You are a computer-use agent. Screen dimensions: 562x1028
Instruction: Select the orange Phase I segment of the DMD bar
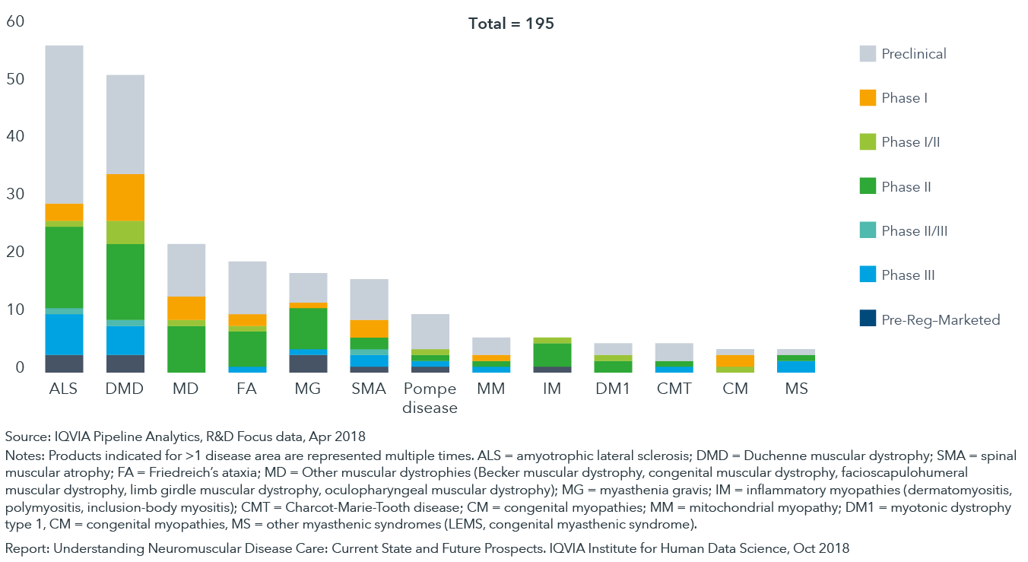(125, 197)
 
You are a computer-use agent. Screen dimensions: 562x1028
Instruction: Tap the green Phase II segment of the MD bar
(186, 348)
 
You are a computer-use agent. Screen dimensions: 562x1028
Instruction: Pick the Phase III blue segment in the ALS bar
(64, 334)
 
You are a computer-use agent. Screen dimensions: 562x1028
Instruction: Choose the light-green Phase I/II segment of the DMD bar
(125, 232)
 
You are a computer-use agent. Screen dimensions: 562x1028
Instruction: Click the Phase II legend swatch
(868, 186)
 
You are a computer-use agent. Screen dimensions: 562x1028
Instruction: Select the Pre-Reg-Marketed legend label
(941, 320)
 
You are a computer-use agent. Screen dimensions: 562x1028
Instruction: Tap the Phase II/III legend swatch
(868, 231)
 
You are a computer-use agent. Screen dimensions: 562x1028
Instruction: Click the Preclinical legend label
(914, 54)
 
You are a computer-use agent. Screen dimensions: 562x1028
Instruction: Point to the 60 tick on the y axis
(15, 21)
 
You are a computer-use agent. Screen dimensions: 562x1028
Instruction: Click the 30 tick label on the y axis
(15, 194)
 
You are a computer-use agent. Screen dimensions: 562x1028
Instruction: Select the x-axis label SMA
(369, 389)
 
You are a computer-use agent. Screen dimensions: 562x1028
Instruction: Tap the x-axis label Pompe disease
(430, 398)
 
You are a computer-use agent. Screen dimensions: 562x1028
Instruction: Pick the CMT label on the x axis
(674, 389)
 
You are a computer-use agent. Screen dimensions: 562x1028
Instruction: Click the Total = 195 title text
(511, 24)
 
